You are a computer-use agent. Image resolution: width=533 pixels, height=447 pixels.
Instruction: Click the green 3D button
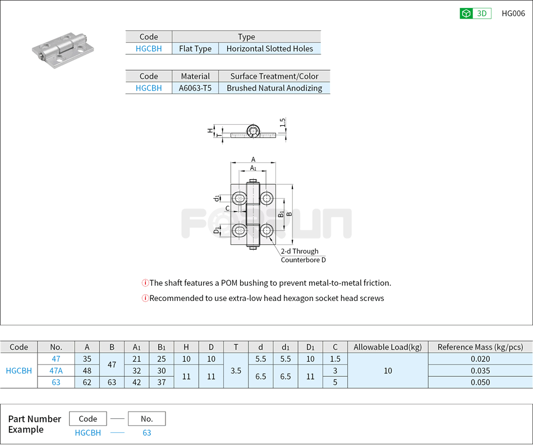[x=475, y=13]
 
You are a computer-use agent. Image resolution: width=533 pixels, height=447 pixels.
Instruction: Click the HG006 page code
[x=513, y=13]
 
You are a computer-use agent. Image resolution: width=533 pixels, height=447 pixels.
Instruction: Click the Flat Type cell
[x=195, y=49]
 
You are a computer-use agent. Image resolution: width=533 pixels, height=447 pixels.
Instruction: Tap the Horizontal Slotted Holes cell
[x=269, y=49]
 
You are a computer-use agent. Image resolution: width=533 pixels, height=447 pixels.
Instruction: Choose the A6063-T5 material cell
[x=195, y=88]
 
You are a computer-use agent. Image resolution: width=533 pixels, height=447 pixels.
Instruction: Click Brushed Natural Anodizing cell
[x=274, y=88]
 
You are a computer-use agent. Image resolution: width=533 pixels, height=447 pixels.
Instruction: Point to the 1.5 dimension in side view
[x=283, y=121]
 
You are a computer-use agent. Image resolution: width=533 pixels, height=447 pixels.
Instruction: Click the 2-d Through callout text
[x=300, y=252]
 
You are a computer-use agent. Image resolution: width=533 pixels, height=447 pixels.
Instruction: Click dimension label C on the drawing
[x=227, y=208]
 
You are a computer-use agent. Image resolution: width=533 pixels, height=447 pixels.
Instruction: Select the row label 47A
[x=56, y=371]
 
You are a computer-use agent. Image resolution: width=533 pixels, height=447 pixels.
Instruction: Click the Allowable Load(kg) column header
[x=388, y=347]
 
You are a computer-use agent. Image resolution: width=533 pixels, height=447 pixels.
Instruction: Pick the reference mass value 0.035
[x=480, y=371]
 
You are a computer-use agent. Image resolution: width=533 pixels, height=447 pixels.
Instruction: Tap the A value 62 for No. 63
[x=87, y=382]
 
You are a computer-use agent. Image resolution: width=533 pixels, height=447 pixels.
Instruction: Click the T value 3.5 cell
[x=236, y=371]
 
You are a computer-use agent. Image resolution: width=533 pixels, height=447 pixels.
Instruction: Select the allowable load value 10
[x=388, y=371]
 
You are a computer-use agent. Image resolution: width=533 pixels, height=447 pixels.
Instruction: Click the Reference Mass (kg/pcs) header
[x=480, y=347]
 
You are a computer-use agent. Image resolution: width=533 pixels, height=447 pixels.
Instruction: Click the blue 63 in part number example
[x=146, y=433]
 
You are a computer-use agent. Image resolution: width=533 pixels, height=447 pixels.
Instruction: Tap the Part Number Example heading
[x=34, y=424]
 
